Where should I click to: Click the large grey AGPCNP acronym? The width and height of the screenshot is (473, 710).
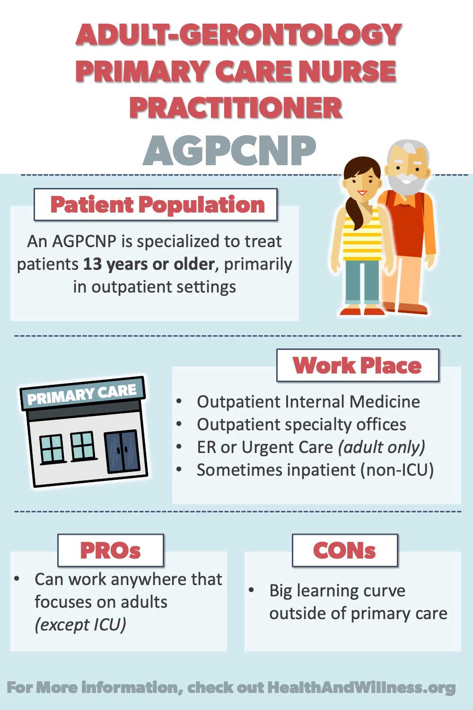pos(229,151)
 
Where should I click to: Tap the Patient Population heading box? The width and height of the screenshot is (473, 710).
pos(156,204)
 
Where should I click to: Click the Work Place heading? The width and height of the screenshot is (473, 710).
pos(358,365)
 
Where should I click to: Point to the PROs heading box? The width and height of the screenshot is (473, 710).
pos(111,550)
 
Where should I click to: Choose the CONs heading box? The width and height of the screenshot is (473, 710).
pos(345,550)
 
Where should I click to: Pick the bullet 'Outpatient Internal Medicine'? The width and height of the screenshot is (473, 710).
pos(308,401)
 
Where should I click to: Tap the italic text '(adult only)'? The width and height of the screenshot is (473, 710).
pos(381,447)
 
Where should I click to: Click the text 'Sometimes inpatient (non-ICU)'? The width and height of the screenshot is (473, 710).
pos(315,470)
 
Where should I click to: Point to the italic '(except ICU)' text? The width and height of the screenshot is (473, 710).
pos(80,625)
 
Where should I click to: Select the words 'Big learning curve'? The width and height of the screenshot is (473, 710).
pos(337,591)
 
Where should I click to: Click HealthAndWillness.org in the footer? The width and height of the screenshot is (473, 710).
pos(361,688)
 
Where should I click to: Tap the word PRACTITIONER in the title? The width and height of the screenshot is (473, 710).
pos(236,108)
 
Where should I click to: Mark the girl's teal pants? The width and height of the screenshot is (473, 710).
pos(362,282)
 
